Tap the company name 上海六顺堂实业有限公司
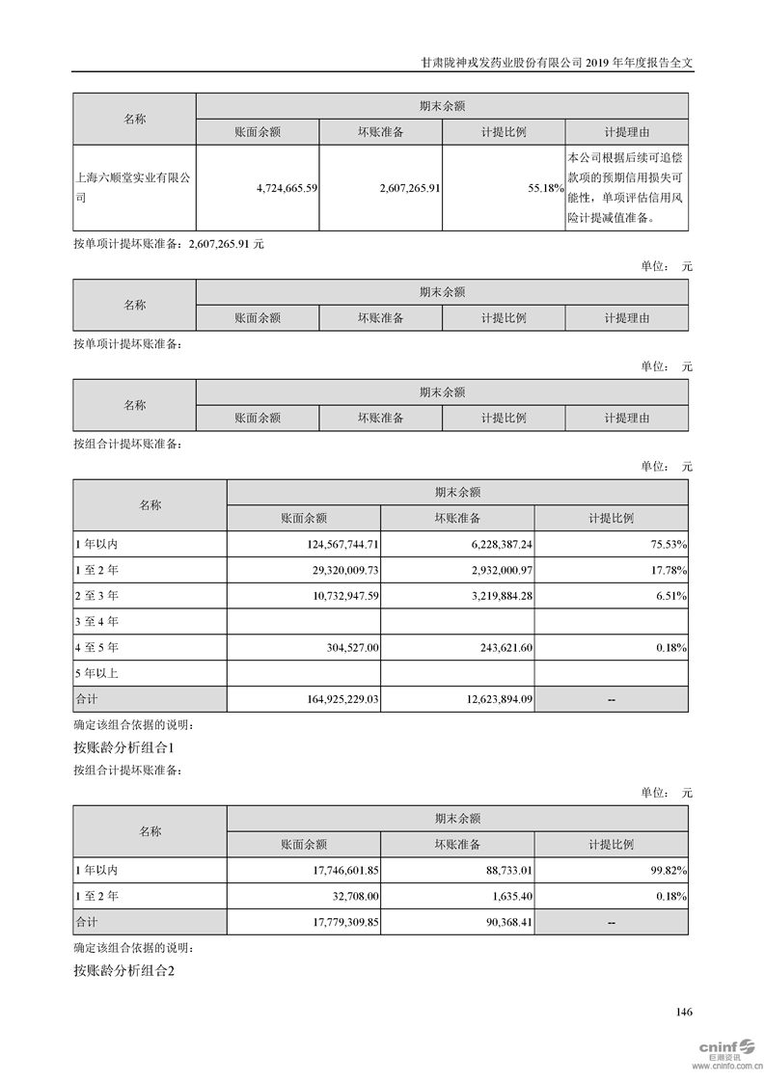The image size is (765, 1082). [133, 188]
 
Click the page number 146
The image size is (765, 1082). [684, 1013]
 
